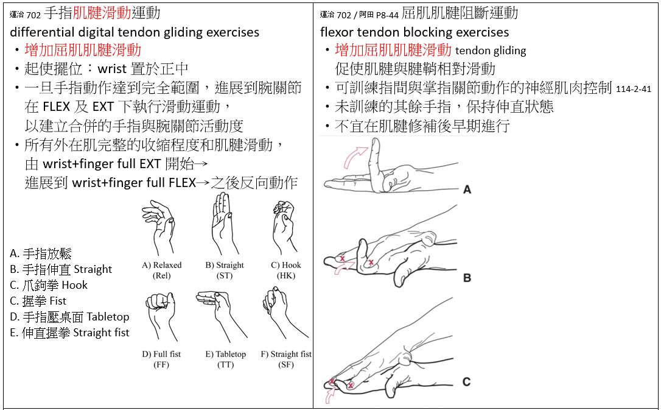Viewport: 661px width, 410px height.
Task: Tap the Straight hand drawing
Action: point(226,224)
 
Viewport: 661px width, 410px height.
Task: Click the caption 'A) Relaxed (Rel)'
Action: point(161,270)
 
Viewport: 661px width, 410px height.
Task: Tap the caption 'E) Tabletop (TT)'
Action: point(226,359)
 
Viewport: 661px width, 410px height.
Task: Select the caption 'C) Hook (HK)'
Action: point(286,270)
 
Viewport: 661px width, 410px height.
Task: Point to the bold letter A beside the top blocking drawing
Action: point(467,190)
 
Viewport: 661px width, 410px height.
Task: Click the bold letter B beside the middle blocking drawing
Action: point(467,278)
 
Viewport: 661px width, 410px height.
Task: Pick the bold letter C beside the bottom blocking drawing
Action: point(466,382)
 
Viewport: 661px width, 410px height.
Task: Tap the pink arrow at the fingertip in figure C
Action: point(332,396)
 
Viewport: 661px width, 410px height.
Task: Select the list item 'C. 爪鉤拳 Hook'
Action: point(49,285)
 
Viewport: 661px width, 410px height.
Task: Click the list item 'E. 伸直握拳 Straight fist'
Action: point(69,333)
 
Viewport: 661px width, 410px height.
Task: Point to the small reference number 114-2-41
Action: point(634,89)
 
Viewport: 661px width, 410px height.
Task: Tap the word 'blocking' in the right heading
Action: point(423,32)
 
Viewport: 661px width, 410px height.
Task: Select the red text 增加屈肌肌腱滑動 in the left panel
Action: point(83,50)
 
